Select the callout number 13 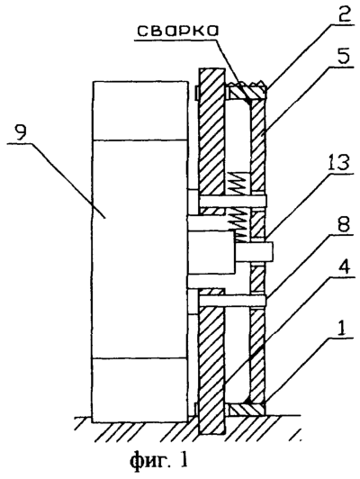coord(337,162)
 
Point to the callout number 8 coord(343,224)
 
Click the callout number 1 coord(343,329)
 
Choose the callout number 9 coord(22,133)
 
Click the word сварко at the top coord(177,31)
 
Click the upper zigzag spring coord(238,183)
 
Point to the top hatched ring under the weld coord(247,93)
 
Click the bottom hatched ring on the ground coord(246,410)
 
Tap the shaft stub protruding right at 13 coord(255,252)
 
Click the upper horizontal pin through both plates coord(233,200)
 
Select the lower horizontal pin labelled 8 coord(233,301)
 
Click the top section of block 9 coord(140,111)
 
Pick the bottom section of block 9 coord(140,390)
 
